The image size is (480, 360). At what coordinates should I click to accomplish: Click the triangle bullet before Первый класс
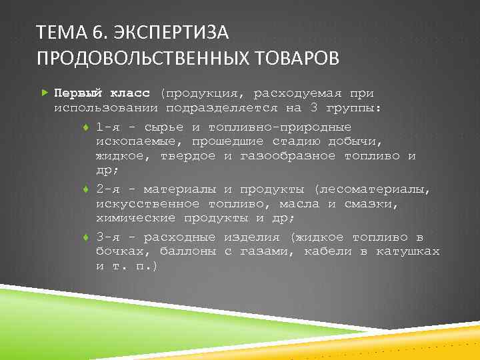[x=44, y=93]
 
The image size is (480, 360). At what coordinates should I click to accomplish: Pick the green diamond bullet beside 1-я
[x=87, y=127]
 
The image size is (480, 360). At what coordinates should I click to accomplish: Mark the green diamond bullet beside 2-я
[x=87, y=189]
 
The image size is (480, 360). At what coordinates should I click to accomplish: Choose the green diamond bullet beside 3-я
[x=87, y=237]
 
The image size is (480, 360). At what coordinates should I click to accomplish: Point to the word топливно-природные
[x=279, y=127]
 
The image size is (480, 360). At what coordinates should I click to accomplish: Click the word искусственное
[x=147, y=203]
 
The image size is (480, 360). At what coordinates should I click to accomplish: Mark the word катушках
[x=407, y=251]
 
